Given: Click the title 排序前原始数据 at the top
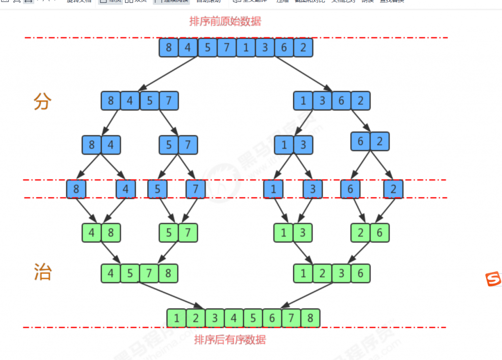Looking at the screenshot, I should (225, 22).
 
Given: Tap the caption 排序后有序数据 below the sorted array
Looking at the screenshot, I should (230, 339).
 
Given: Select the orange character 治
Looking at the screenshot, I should (42, 272).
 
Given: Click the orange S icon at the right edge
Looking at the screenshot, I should (493, 279).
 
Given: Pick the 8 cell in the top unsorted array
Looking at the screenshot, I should (169, 48).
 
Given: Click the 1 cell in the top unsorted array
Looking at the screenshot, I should (246, 48).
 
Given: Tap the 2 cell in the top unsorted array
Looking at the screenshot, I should (303, 48).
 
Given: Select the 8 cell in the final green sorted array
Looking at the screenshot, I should (310, 318).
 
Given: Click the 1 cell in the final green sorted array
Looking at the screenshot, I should (176, 318).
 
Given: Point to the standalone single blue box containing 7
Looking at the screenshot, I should (196, 189).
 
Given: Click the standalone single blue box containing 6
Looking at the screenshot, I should (351, 189).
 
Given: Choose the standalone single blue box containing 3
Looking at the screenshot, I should (312, 189).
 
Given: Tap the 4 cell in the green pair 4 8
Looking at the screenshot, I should (92, 233).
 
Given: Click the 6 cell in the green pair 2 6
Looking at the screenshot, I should (379, 233).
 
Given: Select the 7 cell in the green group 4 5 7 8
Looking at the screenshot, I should (149, 273).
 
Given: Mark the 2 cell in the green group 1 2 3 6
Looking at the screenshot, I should (322, 273).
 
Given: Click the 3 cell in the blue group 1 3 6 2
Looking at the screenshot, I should (322, 101).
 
